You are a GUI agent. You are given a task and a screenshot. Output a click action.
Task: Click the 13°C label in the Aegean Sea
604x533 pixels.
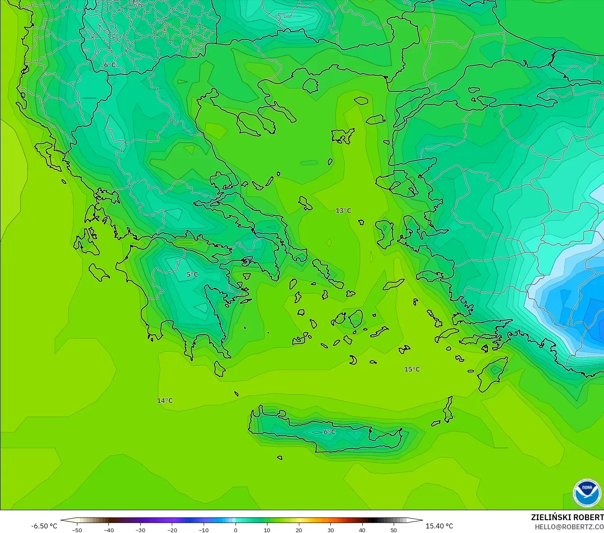tap(343, 211)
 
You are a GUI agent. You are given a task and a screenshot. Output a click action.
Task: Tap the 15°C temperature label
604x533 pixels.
tap(412, 369)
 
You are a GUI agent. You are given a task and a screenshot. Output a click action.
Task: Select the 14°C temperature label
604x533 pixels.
tap(165, 401)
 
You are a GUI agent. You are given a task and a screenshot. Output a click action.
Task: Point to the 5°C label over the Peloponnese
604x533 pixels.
tap(192, 275)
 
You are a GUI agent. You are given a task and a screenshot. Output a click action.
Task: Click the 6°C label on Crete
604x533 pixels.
tap(330, 432)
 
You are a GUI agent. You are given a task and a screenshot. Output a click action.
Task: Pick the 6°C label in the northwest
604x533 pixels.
tap(110, 65)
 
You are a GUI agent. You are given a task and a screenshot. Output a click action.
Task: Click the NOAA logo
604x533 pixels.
tap(587, 493)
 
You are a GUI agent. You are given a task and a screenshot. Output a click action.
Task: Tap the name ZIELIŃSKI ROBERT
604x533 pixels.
tap(567, 517)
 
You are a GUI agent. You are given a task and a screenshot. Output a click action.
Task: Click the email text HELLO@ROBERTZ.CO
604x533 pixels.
tap(569, 527)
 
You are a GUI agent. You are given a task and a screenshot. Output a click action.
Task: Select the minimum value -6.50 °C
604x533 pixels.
tap(44, 526)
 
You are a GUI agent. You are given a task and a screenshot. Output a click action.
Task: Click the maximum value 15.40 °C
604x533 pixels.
tap(439, 526)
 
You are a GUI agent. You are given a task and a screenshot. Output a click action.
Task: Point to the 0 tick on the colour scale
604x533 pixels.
tap(236, 530)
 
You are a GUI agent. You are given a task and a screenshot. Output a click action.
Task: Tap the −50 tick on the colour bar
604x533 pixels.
tap(77, 530)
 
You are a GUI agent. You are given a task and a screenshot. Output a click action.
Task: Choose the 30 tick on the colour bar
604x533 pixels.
tap(330, 530)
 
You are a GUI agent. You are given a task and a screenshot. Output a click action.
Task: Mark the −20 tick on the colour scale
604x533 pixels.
tap(172, 530)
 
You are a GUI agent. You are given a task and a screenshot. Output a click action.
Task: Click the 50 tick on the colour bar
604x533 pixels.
tap(394, 530)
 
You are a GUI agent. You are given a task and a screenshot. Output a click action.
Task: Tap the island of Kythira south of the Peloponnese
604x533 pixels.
tap(219, 369)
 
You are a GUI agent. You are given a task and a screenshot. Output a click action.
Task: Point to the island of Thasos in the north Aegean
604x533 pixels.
tap(310, 86)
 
